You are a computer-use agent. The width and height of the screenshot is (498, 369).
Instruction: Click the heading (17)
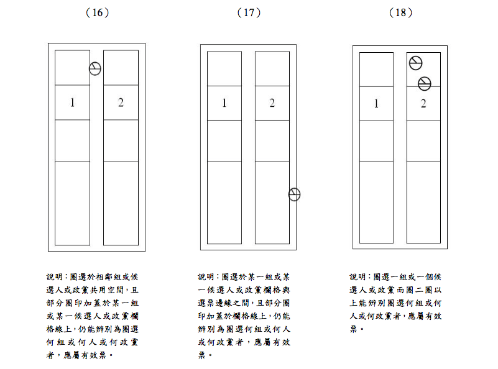click(x=248, y=12)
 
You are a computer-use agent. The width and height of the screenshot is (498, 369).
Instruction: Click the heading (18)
click(x=400, y=12)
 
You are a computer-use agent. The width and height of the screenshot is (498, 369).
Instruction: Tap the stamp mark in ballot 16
click(x=95, y=68)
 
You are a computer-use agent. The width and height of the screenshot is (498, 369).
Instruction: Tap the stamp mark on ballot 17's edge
click(x=295, y=194)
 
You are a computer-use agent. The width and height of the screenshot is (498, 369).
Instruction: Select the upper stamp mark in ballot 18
click(x=416, y=63)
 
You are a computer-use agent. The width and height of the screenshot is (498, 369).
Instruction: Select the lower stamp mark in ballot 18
click(x=425, y=83)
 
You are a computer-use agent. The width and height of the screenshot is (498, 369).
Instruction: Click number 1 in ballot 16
click(x=72, y=102)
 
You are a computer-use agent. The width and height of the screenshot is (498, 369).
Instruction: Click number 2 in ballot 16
click(x=121, y=102)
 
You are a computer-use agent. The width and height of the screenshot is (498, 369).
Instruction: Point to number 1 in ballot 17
click(x=224, y=103)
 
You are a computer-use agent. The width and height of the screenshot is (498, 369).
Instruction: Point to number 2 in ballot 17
click(x=272, y=103)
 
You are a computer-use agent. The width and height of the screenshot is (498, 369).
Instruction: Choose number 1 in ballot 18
click(x=376, y=104)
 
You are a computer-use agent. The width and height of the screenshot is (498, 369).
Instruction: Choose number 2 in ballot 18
click(x=423, y=104)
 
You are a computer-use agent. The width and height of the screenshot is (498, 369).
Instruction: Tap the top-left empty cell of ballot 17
click(x=224, y=68)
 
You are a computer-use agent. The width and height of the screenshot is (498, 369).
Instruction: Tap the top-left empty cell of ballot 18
click(x=376, y=70)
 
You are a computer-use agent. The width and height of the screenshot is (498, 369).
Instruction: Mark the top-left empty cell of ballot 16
click(x=72, y=68)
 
